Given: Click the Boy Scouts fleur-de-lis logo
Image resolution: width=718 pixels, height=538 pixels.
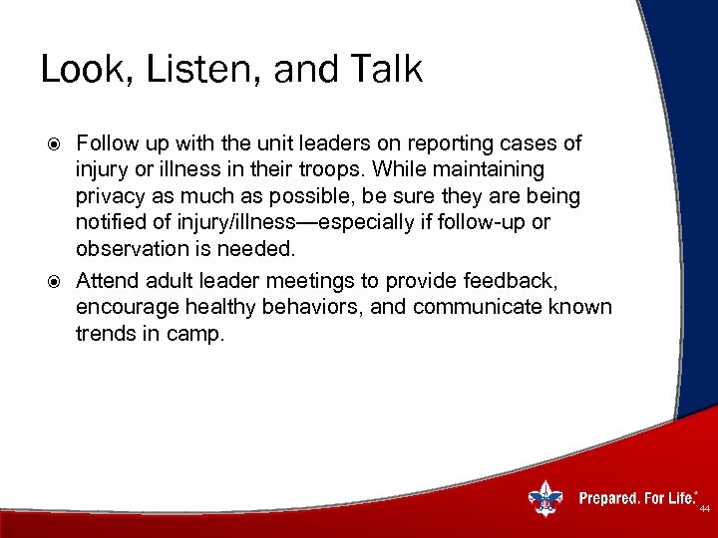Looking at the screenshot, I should pos(545,496).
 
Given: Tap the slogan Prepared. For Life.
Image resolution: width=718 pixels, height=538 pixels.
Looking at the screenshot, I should pos(637,497).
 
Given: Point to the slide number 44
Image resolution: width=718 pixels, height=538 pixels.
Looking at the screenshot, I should pos(704,509).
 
